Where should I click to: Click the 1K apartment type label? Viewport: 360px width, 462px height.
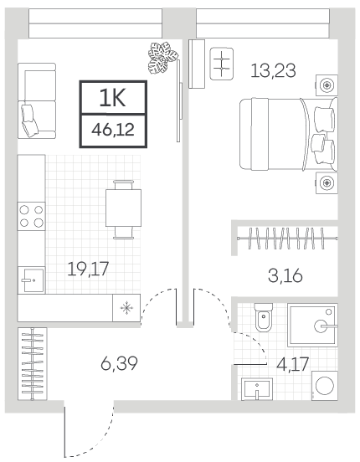(113, 98)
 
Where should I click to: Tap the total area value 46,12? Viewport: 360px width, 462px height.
(113, 130)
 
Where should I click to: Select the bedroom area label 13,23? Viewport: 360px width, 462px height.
(273, 70)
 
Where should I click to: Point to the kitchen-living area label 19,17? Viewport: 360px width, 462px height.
(88, 269)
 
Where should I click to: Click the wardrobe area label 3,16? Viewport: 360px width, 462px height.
(285, 276)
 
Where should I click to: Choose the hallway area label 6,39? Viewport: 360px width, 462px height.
(119, 363)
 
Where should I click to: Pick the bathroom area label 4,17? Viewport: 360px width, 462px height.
(292, 364)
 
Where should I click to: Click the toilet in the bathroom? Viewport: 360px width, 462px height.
(264, 317)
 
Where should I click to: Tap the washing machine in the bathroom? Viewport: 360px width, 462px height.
(325, 385)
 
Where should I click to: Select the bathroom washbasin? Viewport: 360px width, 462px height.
(257, 389)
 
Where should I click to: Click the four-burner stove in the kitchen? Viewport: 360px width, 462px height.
(31, 216)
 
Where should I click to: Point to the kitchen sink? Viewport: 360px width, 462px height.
(32, 280)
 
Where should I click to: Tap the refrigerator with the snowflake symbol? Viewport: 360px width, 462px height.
(126, 308)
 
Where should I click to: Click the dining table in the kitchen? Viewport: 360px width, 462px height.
(124, 208)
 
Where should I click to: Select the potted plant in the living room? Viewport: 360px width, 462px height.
(162, 58)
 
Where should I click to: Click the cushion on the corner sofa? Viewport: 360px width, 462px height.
(29, 121)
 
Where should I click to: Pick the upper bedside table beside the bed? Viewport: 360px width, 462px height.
(327, 85)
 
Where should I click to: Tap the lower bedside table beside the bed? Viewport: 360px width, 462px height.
(327, 182)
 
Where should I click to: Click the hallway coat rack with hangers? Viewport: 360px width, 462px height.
(33, 364)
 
